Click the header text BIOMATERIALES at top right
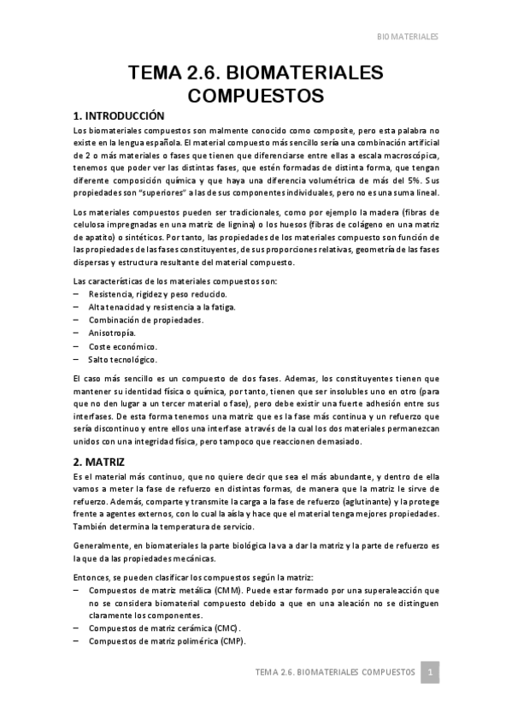[408, 37]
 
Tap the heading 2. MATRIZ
[100, 461]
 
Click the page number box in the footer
[433, 673]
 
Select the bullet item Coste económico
[122, 346]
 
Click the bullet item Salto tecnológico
[122, 360]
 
